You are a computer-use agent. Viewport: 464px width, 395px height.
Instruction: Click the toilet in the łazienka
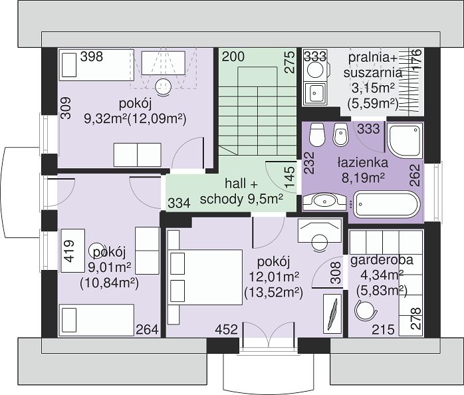tap(317, 135)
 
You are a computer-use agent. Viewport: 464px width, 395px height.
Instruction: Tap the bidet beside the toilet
tap(340, 135)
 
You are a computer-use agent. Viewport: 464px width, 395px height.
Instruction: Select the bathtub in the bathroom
tap(387, 204)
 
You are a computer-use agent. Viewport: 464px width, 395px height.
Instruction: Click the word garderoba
tap(382, 260)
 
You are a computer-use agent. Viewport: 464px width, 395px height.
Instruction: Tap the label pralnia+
tap(373, 57)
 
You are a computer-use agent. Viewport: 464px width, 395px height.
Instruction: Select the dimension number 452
tap(227, 329)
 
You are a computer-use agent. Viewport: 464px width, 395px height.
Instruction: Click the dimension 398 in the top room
tap(92, 57)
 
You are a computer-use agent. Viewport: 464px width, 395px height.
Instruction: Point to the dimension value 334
tap(179, 203)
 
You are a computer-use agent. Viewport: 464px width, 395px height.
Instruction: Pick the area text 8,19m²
tap(363, 178)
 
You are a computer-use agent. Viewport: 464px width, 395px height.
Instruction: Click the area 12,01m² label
tap(274, 277)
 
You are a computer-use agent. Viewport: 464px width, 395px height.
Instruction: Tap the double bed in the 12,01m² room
tap(205, 277)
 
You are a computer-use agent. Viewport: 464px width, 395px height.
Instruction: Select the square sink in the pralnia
tap(316, 93)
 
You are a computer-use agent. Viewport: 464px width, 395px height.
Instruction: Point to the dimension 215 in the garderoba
tap(383, 329)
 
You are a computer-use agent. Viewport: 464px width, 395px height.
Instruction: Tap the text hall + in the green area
tap(241, 184)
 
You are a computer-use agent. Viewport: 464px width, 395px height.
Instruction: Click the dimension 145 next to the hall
tap(290, 177)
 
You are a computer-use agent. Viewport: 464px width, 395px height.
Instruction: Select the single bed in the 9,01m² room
tap(96, 320)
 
